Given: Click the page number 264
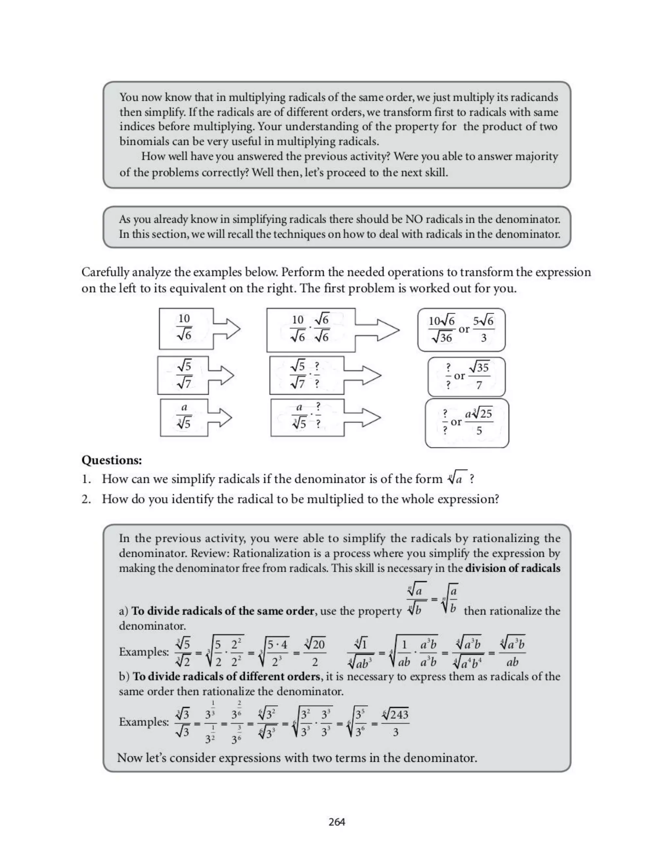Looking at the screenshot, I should [337, 822].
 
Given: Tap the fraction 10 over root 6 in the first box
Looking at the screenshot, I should [184, 327].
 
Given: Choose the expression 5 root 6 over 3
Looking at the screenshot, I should [484, 329].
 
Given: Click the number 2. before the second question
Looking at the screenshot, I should [86, 499].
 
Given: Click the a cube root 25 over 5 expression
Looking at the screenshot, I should [479, 422].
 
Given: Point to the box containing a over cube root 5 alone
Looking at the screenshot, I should [184, 417].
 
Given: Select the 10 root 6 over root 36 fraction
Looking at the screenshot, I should [441, 329].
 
